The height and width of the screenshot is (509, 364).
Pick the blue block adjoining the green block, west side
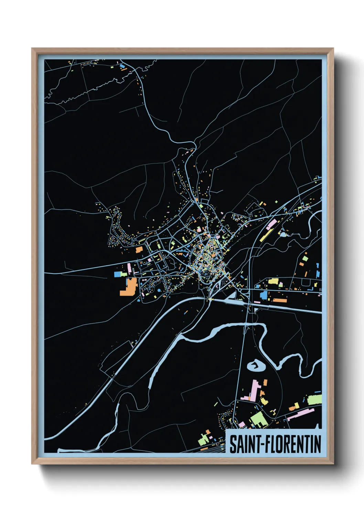pyautogui.click(x=117, y=274)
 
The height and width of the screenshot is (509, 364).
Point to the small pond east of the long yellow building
pyautogui.click(x=283, y=235)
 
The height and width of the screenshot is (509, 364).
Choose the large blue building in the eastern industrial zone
pyautogui.click(x=264, y=295)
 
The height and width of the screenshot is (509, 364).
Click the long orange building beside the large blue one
pyautogui.click(x=280, y=301)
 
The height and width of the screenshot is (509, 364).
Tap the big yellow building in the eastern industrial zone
pyautogui.click(x=273, y=281)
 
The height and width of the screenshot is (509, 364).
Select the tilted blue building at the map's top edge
pyautogui.click(x=122, y=65)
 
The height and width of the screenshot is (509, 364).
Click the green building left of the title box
pyautogui.click(x=203, y=439)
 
